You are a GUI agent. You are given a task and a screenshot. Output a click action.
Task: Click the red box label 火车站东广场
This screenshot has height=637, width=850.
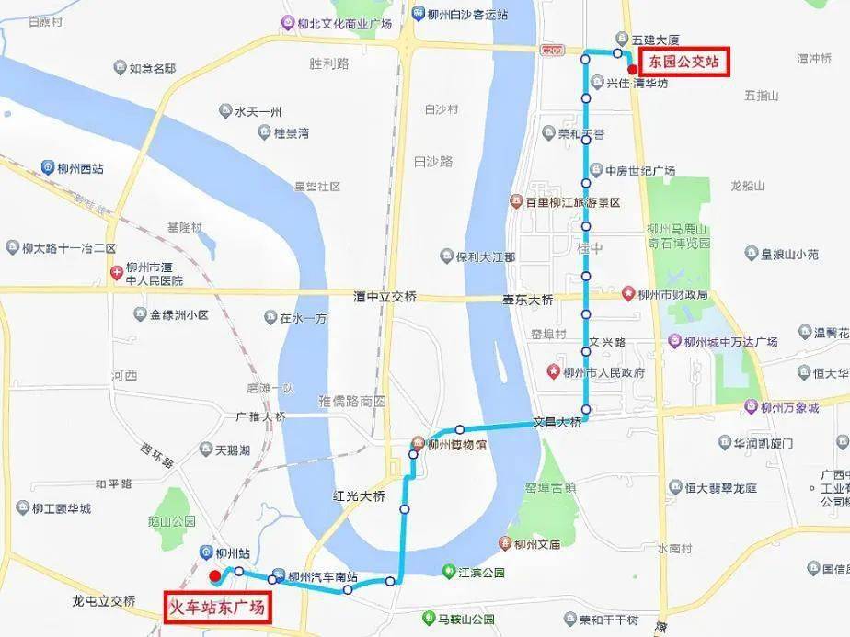pos(219,608)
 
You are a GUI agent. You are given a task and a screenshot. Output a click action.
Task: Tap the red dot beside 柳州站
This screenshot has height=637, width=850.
pos(214,575)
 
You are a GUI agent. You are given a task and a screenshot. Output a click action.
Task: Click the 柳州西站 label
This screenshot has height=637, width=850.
pos(79,168)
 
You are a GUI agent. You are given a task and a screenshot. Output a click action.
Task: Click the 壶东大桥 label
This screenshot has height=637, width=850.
pos(528,299)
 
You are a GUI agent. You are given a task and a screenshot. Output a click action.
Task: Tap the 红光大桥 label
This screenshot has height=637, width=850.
pos(359,496)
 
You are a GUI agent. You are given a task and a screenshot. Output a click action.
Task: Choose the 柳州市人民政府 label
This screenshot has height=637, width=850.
pos(603,373)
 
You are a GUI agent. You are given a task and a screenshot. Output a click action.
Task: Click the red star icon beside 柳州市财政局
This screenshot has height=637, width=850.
pos(629,294)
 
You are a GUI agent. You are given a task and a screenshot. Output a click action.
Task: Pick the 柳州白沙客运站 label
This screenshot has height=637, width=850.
pos(468,14)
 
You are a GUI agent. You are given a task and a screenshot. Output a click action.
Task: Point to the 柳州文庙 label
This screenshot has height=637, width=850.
pos(537,543)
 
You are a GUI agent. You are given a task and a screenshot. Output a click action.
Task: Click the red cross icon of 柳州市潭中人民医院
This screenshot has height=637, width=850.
pos(117,273)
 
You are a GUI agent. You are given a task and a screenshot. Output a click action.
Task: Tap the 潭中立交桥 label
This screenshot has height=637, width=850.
pos(385,297)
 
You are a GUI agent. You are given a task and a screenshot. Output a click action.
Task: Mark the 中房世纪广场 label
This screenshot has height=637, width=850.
pos(640,171)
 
